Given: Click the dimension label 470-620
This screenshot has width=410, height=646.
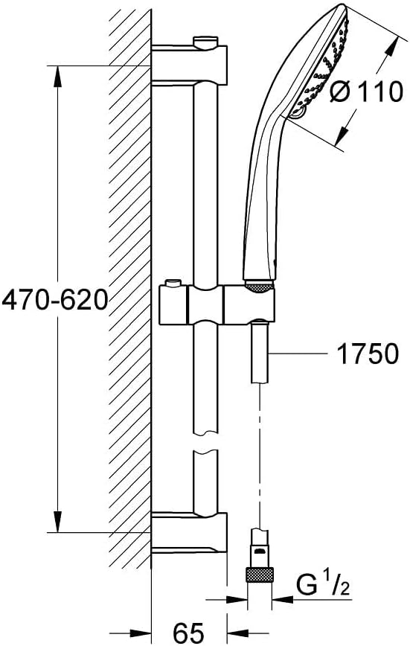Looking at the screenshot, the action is point(55,300).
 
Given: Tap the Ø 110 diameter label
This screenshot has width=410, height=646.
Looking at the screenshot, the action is point(366,91).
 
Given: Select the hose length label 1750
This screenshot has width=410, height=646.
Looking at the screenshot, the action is point(368,353).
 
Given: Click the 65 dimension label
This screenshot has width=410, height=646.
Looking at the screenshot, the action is point(188,632).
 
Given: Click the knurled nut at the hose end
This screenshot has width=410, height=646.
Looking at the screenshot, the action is point(260,575).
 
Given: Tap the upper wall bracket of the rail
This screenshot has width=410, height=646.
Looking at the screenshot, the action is point(189,65).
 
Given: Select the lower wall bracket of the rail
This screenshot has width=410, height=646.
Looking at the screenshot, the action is point(189,531).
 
